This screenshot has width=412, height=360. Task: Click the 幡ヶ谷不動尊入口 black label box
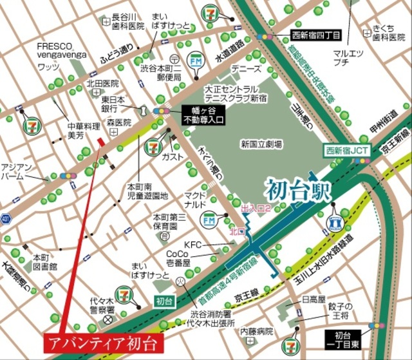(201, 114)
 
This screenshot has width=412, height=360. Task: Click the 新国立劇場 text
(261, 145)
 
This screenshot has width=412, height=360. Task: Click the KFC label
(193, 245)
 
